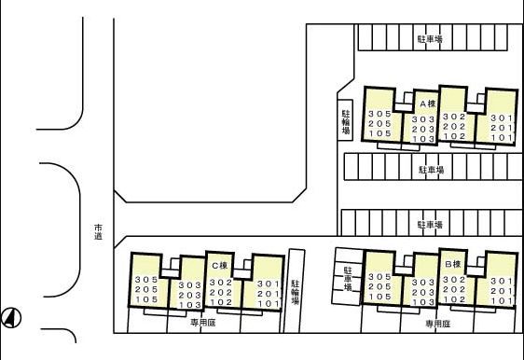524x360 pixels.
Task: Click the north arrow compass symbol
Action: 11,317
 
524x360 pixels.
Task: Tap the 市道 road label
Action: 98,232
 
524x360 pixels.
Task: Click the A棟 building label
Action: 428,104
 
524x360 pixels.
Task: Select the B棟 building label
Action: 453,264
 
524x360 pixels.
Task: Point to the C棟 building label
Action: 219,266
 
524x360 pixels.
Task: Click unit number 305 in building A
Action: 379,114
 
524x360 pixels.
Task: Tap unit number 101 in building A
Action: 502,137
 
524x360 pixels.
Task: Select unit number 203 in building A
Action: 423,129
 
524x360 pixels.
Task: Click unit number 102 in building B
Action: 454,299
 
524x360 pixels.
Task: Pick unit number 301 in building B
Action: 502,281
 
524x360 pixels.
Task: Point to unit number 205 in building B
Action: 379,287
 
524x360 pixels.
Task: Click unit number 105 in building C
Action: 146,299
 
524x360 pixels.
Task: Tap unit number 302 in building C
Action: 221,283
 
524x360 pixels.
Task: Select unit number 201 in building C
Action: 269,294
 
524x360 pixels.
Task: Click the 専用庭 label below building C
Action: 203,323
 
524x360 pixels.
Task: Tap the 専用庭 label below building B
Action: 438,324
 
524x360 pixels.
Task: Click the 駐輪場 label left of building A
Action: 346,121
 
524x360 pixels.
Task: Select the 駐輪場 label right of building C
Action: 295,292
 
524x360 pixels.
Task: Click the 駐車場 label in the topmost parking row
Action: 430,39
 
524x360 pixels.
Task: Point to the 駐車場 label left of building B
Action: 348,278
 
